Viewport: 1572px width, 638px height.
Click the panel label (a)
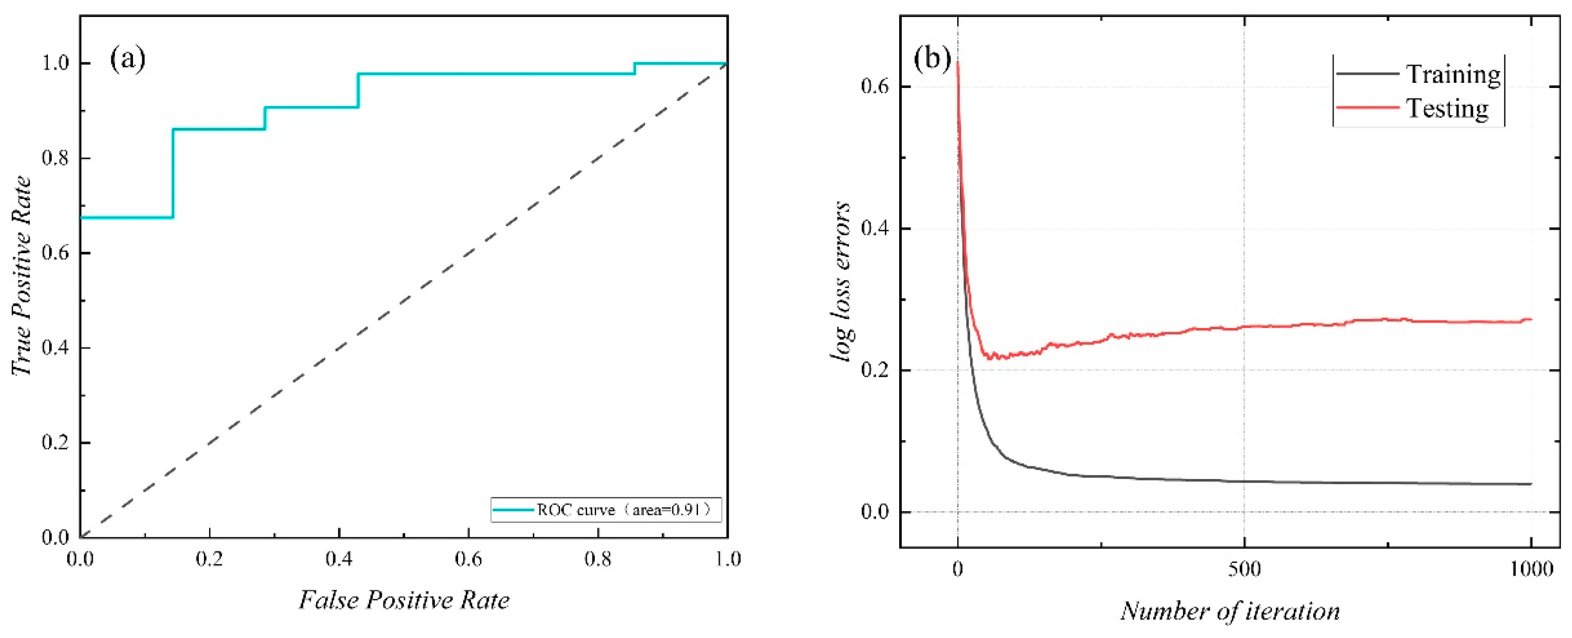pos(128,59)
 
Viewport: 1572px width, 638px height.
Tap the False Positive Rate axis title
pos(404,600)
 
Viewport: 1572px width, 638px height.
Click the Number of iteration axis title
pos(1230,611)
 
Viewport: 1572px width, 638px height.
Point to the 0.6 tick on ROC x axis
pos(468,558)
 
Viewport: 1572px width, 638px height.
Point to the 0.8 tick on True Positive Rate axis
pos(55,158)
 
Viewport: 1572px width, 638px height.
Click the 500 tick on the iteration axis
pos(1244,570)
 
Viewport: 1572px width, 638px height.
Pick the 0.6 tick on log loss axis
pos(874,87)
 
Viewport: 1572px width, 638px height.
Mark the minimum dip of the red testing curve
pos(990,357)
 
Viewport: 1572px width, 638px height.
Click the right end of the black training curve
pos(1530,484)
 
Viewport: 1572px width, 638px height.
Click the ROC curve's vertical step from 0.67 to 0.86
pos(173,173)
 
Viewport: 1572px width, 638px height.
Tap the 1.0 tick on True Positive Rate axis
pos(55,63)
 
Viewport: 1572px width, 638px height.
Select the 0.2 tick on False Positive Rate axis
pos(209,558)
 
